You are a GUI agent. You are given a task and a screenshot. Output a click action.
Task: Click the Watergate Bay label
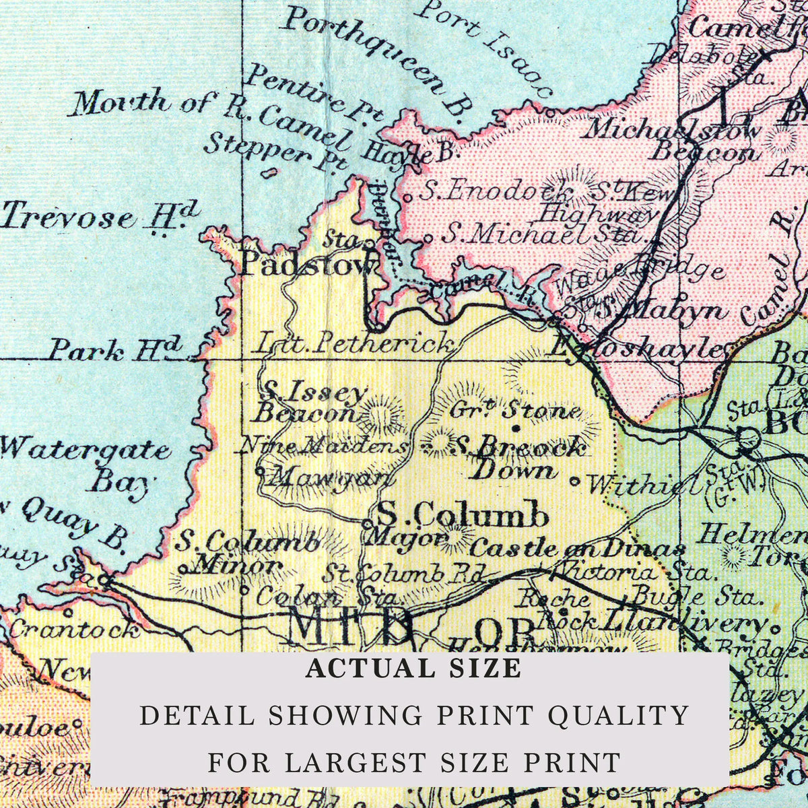click(88, 465)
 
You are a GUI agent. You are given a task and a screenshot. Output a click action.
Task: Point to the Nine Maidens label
click(324, 445)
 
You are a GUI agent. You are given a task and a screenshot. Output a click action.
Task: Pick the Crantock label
click(74, 630)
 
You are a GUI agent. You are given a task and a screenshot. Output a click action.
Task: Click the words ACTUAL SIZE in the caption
click(413, 669)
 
